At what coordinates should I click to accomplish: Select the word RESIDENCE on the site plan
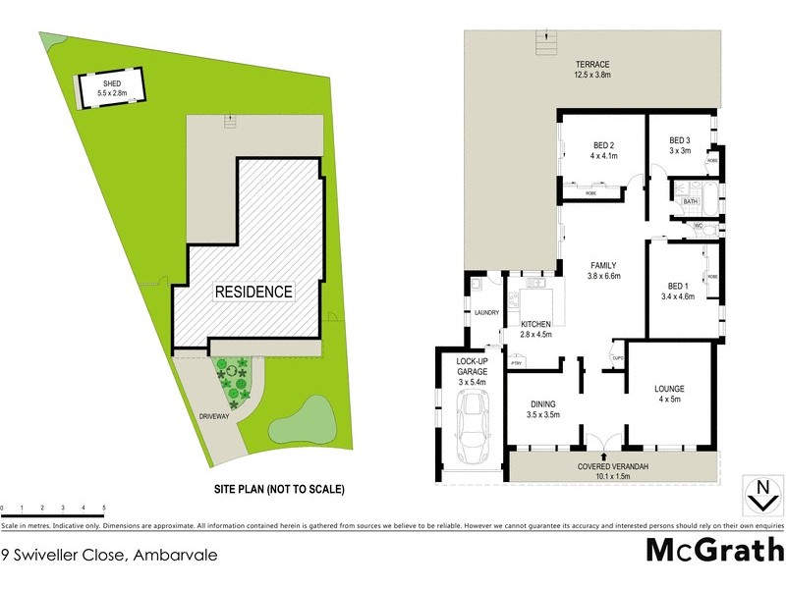click(254, 292)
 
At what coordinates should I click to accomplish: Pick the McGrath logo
click(714, 549)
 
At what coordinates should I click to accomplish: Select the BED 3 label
click(680, 139)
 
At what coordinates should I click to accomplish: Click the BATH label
click(691, 202)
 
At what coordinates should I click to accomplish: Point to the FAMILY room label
click(603, 265)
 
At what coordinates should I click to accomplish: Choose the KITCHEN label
click(535, 324)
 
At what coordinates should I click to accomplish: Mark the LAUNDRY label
click(486, 313)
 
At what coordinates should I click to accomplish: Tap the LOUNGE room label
click(669, 389)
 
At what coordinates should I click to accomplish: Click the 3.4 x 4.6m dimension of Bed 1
click(679, 295)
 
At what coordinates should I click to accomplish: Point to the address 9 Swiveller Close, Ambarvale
click(108, 554)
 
